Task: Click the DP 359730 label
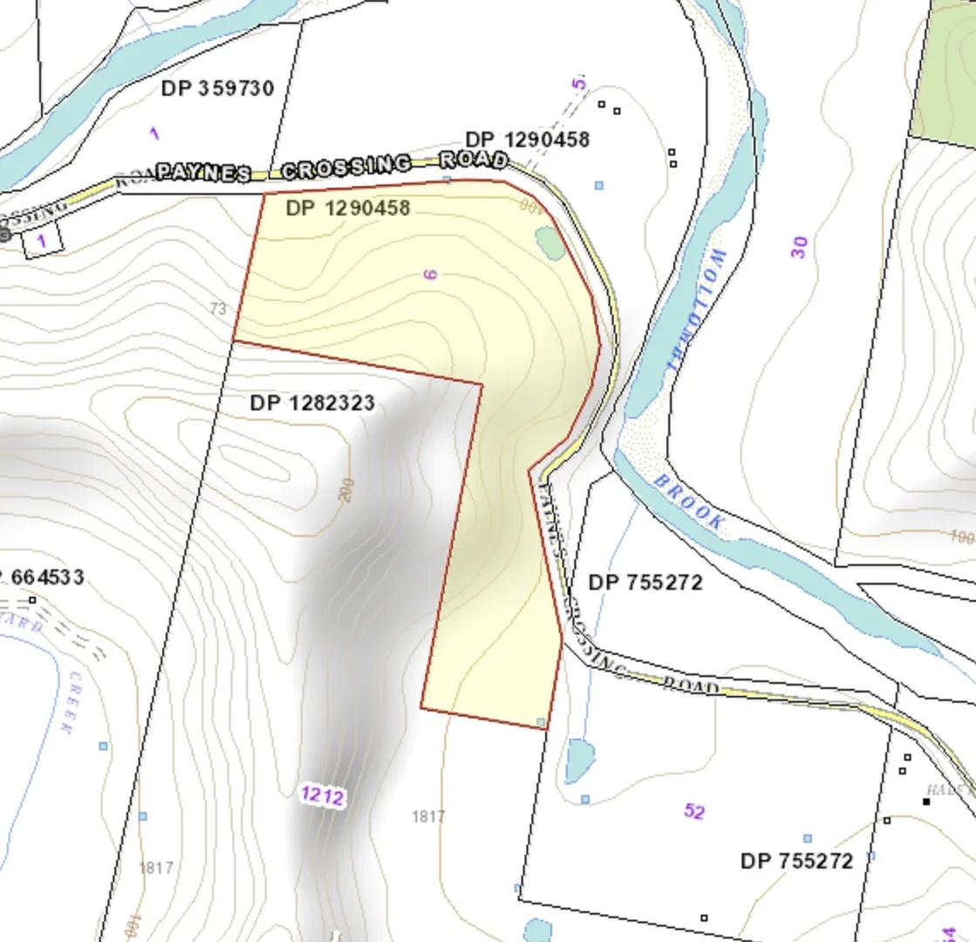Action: (217, 88)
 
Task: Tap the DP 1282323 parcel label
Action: (312, 403)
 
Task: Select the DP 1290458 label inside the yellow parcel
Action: (347, 209)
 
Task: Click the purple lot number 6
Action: (430, 274)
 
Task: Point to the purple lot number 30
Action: (799, 247)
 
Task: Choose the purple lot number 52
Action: (693, 811)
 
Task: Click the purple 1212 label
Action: (323, 795)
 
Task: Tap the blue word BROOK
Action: (688, 503)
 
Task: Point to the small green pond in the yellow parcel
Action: (549, 242)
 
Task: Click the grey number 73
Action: (218, 308)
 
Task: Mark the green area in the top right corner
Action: (947, 70)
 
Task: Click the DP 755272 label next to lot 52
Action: (796, 861)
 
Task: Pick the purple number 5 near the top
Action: (579, 85)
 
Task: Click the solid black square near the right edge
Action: (926, 801)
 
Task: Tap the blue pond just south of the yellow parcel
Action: (578, 760)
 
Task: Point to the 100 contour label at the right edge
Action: (961, 536)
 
